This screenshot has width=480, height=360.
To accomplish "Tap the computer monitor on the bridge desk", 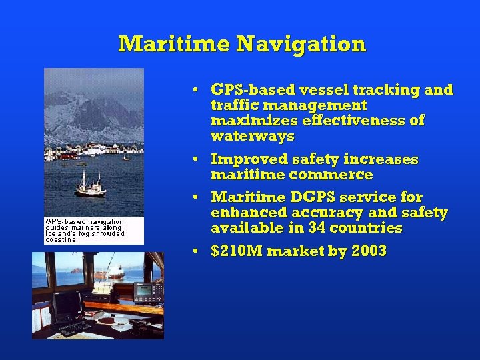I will coord(67,305).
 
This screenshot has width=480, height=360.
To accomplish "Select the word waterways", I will coord(252,137).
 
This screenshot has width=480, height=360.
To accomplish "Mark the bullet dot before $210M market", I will coord(193,252).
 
